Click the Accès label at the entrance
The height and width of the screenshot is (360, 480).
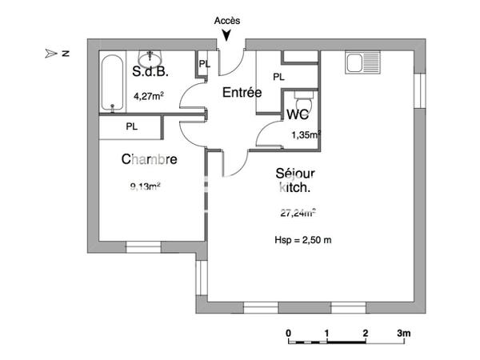227,19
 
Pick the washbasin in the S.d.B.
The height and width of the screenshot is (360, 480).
150,58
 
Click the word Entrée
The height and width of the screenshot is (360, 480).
242,93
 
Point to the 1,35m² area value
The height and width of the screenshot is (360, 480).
306,135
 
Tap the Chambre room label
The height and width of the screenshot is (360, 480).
148,160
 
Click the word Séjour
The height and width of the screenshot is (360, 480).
294,173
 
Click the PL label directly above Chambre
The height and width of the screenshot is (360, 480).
131,126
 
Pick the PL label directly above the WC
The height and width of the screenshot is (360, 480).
278,77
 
